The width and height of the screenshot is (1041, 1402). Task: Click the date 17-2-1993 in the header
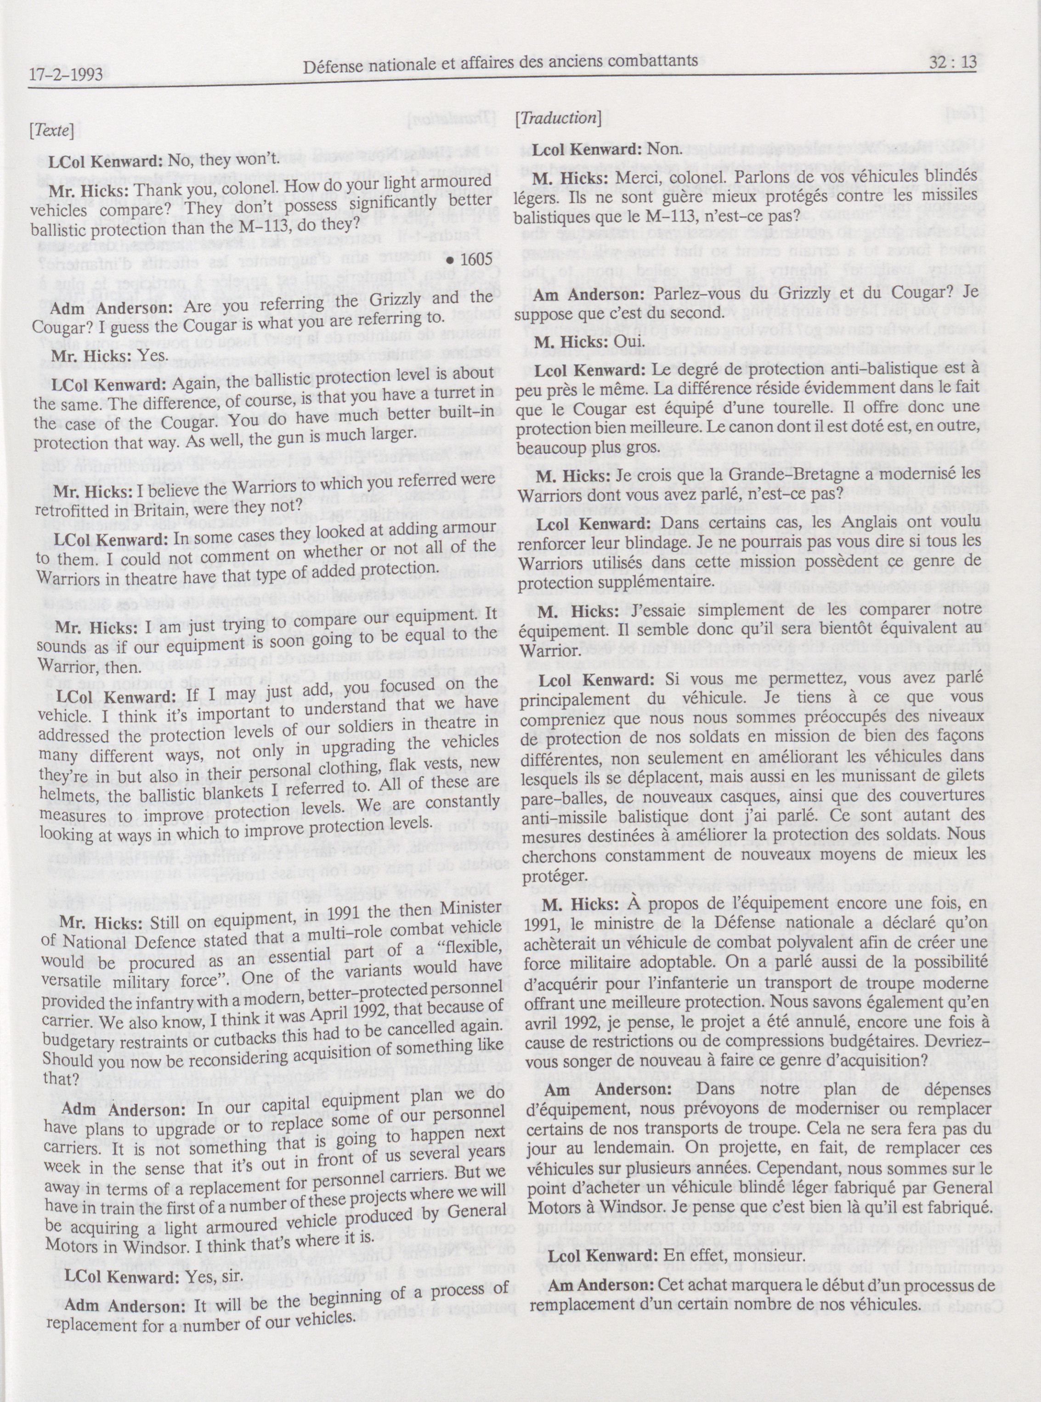click(66, 76)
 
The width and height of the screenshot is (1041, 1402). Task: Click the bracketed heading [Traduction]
click(557, 118)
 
